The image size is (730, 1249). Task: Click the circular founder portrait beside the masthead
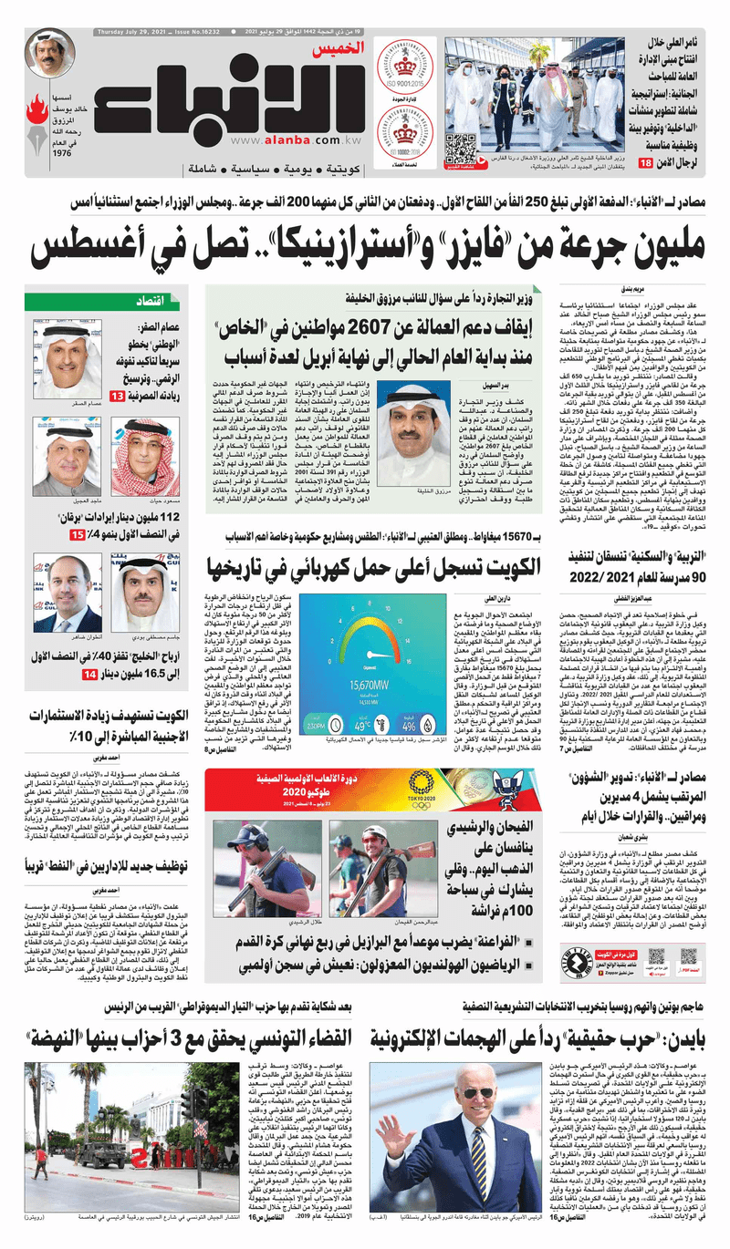pyautogui.click(x=50, y=53)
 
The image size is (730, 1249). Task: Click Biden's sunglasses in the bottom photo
pyautogui.click(x=478, y=1094)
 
